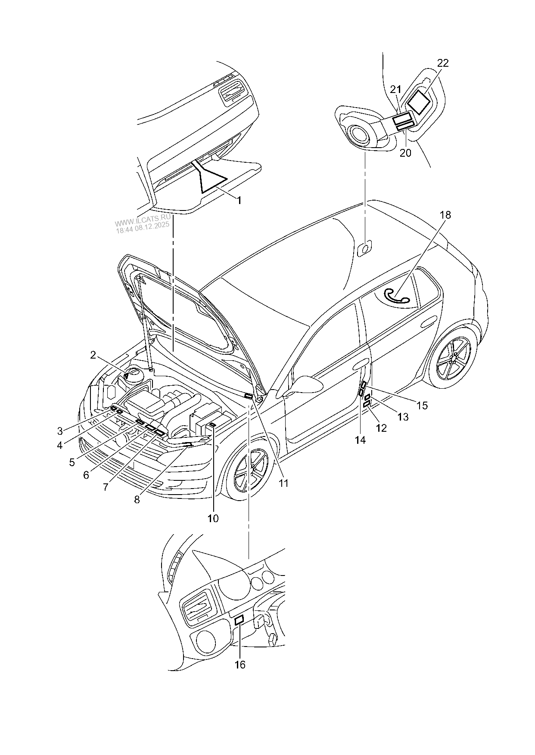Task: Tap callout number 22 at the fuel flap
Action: point(443,63)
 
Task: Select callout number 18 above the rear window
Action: point(445,215)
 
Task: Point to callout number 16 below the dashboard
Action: point(240,665)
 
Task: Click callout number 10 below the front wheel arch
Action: point(213,518)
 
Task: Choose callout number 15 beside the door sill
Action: point(423,405)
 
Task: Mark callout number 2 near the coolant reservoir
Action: point(93,355)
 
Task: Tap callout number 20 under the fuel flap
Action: point(406,153)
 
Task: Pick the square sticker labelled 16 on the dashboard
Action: point(239,620)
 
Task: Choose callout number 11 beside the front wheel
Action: point(283,483)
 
